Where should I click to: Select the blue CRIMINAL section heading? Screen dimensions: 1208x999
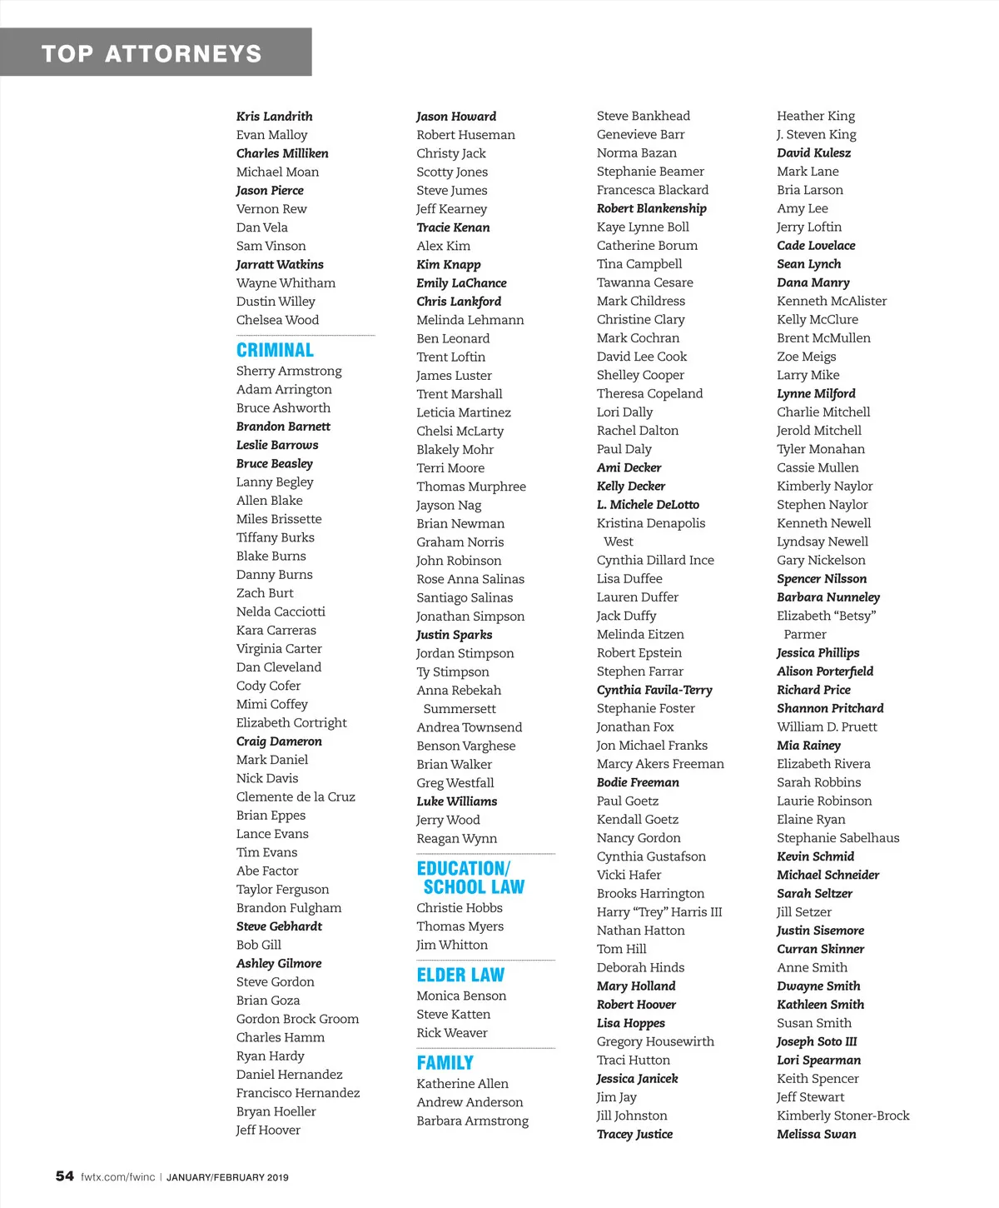(275, 350)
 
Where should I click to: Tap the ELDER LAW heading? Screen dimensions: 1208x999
(460, 975)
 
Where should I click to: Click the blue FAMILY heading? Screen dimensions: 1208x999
(445, 1063)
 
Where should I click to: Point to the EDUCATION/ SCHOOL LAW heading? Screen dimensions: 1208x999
(470, 878)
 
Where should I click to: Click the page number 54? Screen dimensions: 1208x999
(64, 1176)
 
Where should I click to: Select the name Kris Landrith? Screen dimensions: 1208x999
(274, 117)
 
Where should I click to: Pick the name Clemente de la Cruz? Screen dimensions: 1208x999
(296, 796)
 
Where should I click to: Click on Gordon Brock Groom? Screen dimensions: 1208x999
(297, 1019)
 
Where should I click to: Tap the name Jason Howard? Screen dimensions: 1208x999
(456, 117)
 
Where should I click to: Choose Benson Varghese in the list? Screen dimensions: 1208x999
(465, 746)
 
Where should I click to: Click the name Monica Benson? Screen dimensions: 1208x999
(461, 996)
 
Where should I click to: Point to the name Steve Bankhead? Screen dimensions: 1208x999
(643, 116)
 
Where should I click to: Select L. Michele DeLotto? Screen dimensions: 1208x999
(648, 505)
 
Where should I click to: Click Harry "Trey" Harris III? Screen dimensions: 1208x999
(659, 911)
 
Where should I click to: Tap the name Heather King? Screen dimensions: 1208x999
(816, 116)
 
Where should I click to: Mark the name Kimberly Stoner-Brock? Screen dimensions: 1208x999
(842, 1116)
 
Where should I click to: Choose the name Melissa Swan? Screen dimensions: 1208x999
(816, 1134)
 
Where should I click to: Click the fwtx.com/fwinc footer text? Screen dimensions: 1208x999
(117, 1177)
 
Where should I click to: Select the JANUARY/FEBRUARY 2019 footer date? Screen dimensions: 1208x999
(227, 1177)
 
